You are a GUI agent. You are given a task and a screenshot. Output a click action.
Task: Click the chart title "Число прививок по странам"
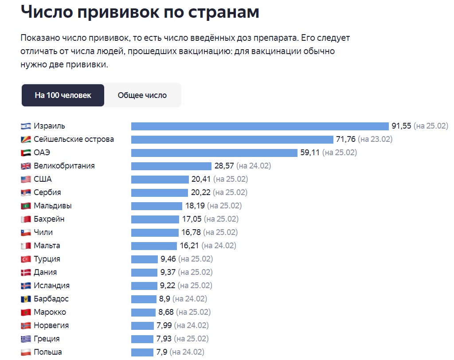[x=140, y=12]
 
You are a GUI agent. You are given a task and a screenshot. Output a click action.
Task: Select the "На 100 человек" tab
[x=63, y=95]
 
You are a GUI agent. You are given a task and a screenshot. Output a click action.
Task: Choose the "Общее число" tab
[x=142, y=95]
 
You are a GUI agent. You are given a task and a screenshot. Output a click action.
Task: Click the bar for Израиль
[x=260, y=126]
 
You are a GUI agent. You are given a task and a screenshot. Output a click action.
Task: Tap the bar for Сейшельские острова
[x=232, y=139]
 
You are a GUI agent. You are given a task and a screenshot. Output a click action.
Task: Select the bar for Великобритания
[x=171, y=166]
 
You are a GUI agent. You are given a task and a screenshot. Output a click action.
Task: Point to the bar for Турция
[x=145, y=259]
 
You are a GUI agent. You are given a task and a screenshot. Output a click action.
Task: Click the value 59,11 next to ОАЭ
[x=310, y=153]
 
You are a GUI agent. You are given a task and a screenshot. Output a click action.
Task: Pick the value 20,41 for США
[x=201, y=179]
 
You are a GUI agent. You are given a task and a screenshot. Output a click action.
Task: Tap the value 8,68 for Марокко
[x=165, y=312]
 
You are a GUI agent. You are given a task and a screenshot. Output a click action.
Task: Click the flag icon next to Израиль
[x=26, y=126]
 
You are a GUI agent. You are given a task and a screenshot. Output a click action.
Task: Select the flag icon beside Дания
[x=26, y=272]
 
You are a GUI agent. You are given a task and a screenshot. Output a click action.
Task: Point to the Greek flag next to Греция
[x=26, y=339]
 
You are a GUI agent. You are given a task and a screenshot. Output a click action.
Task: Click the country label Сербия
[x=47, y=192]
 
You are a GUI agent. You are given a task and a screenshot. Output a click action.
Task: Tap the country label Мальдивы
[x=53, y=206]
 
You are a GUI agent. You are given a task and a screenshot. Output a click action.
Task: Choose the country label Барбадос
[x=51, y=299]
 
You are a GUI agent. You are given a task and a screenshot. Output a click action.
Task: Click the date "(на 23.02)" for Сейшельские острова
[x=375, y=139]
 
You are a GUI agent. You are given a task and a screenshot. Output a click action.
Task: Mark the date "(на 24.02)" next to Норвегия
[x=191, y=325]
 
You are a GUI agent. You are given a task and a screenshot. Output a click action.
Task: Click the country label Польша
[x=48, y=352]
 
